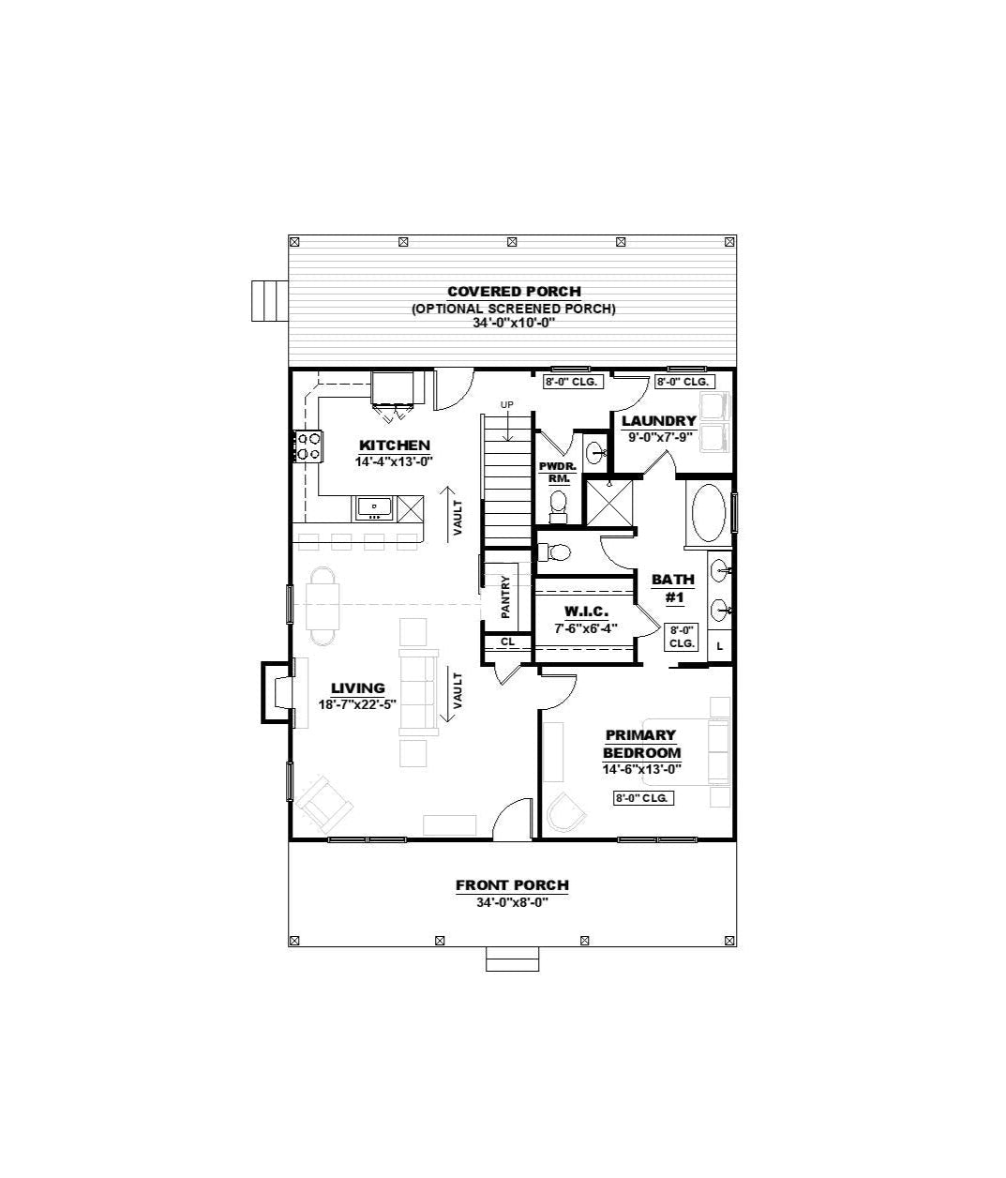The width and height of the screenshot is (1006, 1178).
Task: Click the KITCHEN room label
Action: (394, 446)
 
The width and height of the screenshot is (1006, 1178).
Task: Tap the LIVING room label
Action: (358, 688)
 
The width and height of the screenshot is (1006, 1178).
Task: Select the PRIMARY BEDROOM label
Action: (641, 744)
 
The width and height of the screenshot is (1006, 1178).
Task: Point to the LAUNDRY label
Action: (659, 421)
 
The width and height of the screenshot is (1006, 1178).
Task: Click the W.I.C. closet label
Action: (586, 612)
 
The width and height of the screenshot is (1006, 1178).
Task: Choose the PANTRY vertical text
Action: (505, 597)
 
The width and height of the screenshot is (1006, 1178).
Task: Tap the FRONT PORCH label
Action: (512, 885)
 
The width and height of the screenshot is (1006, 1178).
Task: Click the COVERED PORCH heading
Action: (514, 292)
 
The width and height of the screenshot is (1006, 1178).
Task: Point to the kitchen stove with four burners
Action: (308, 446)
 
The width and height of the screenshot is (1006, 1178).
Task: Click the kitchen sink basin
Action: (374, 506)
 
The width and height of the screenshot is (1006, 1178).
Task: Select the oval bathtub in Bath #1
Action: (708, 513)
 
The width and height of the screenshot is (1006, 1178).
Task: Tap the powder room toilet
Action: (557, 506)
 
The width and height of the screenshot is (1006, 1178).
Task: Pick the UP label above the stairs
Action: (506, 404)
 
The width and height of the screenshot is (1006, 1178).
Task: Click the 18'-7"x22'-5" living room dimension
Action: (357, 704)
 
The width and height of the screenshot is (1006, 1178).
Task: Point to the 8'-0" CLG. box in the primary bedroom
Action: (644, 798)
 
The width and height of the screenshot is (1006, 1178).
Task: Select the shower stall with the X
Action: (609, 502)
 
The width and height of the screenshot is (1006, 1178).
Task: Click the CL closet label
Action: (507, 642)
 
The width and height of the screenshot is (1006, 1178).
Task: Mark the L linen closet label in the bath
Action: (719, 646)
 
